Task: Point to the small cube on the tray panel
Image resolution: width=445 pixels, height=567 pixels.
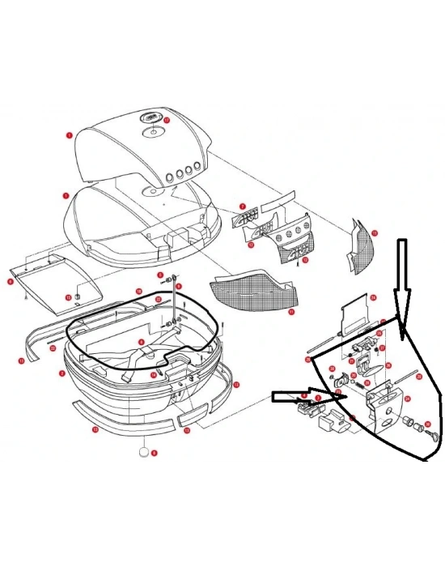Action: coord(77,296)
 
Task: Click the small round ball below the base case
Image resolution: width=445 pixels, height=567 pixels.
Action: coord(144,453)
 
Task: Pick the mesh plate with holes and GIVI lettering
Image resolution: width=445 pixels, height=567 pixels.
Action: coord(291,244)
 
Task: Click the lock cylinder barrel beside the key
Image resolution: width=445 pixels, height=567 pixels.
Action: coord(412,424)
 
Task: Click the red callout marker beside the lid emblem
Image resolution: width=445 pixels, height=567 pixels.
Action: coord(167,120)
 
